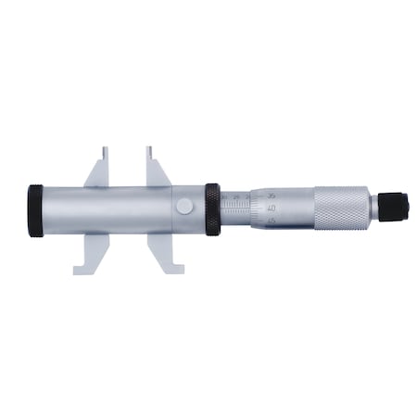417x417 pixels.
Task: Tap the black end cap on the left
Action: (x=35, y=210)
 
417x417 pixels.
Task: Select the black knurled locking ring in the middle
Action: (x=212, y=209)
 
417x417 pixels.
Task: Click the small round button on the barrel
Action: (x=185, y=207)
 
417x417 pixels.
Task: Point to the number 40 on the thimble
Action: (x=269, y=208)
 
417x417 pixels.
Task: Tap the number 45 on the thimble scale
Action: (x=269, y=222)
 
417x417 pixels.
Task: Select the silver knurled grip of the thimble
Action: (x=341, y=208)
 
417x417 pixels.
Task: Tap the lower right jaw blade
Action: (x=159, y=251)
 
